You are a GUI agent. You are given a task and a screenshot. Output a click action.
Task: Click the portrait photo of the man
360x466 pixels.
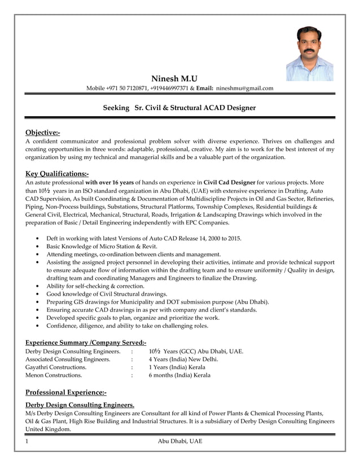[x=310, y=54]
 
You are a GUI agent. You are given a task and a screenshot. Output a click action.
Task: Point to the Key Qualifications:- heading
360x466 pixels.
[x=57, y=174]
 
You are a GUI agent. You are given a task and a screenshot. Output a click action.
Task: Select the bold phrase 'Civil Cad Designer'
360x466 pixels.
[x=230, y=183]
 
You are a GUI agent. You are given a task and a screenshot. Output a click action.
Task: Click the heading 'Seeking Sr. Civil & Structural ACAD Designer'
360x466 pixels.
[x=179, y=107]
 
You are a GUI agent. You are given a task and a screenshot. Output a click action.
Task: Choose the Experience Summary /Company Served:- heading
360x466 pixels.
[x=86, y=342]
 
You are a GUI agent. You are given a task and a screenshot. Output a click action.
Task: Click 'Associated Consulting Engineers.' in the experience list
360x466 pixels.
[x=68, y=359]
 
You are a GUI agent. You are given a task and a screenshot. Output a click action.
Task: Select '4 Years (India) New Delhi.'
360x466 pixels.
[x=183, y=359]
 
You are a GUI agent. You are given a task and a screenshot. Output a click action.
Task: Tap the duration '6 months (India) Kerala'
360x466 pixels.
[x=179, y=375]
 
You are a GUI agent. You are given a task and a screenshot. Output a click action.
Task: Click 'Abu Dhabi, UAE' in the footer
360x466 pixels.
[x=179, y=441]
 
